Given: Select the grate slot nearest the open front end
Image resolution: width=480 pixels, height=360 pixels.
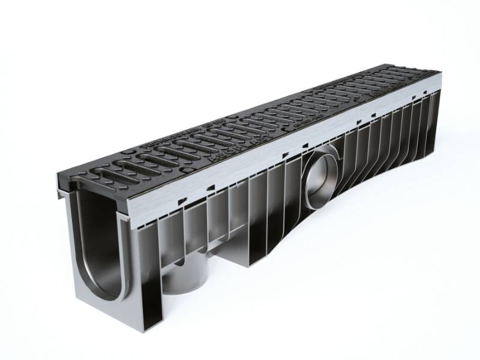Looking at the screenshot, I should point(114,175).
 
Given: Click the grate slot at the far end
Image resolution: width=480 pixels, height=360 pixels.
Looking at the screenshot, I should point(414,77).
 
